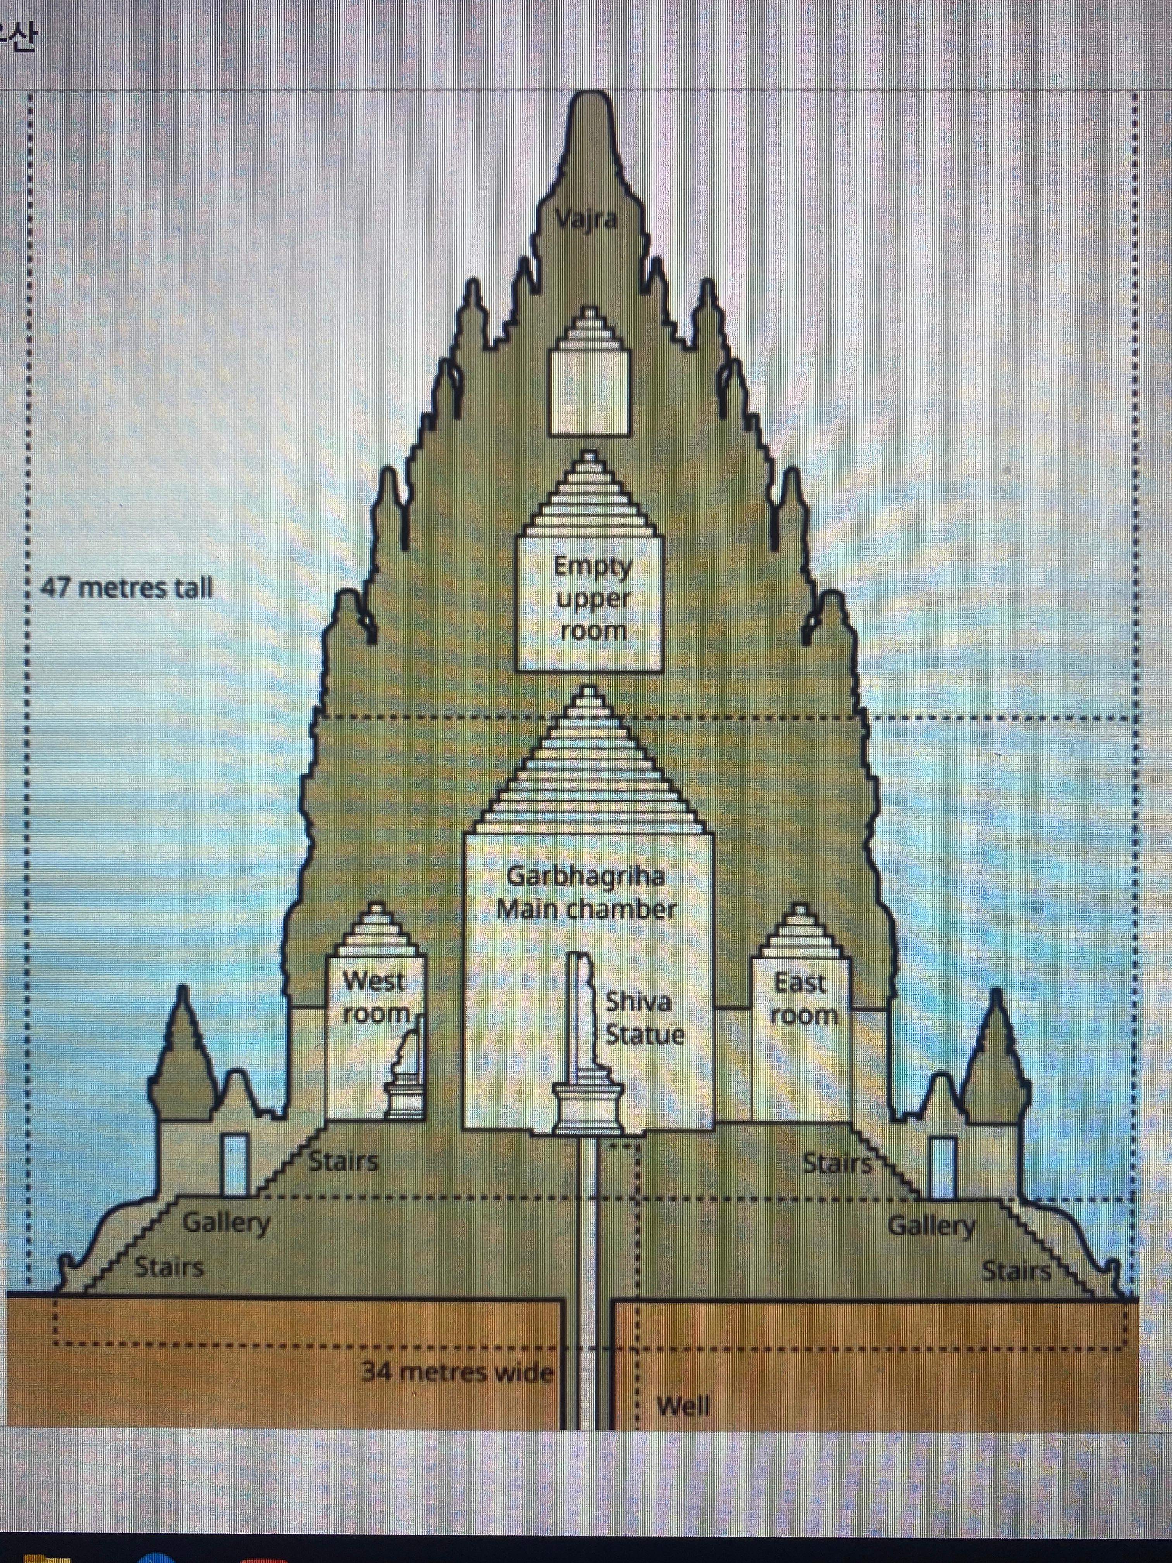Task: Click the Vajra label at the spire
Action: point(586,220)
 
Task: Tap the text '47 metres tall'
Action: point(126,587)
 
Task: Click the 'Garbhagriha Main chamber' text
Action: point(586,892)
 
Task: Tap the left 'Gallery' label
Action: point(226,1222)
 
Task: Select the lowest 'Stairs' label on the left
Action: point(169,1268)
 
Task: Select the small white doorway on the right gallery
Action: point(942,1166)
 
